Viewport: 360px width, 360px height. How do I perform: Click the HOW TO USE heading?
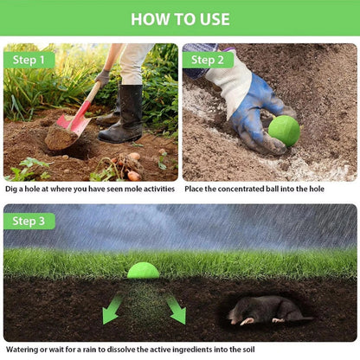(180, 19)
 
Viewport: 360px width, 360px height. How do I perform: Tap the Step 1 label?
(29, 60)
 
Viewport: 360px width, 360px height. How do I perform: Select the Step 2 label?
(208, 60)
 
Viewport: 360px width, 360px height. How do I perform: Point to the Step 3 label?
(29, 222)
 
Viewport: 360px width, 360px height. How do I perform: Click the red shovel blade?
(74, 119)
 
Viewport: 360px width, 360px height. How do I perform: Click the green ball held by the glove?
(284, 131)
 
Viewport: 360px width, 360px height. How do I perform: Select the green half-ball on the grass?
(143, 271)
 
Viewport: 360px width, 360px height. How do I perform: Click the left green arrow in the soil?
(112, 308)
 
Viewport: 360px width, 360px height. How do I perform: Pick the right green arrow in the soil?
(176, 310)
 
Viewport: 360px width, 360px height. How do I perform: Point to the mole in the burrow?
(270, 310)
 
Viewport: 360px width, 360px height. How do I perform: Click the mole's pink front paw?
(246, 321)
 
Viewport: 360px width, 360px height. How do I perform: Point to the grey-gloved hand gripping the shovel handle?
(102, 77)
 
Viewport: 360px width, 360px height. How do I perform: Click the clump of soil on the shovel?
(61, 137)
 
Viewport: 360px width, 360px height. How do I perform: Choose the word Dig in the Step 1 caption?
(11, 190)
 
